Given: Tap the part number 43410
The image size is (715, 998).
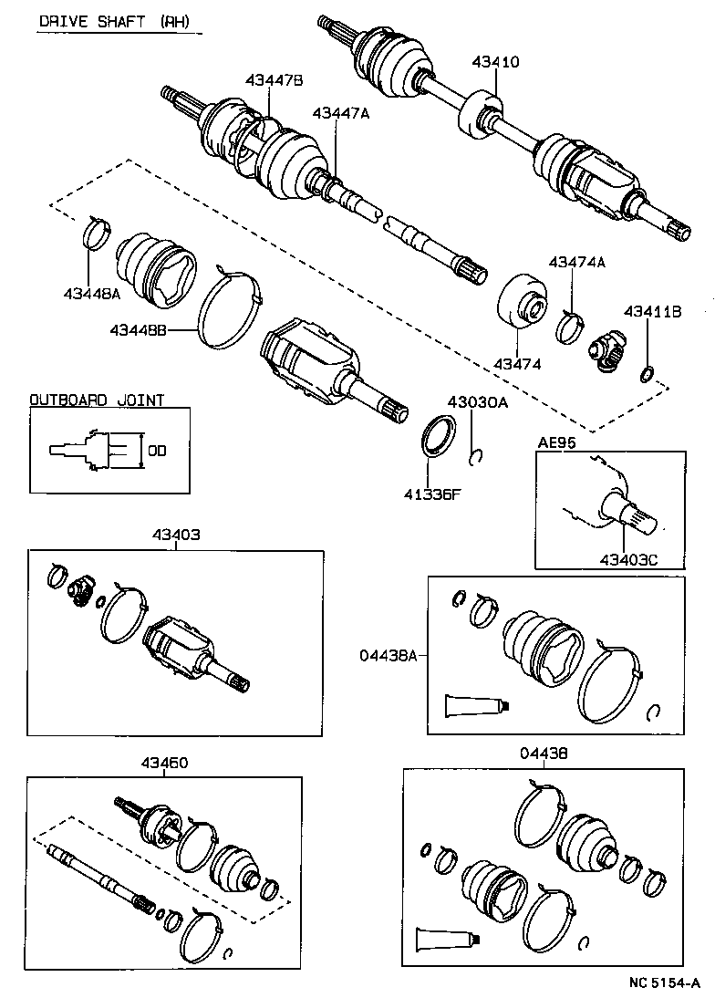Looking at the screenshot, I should coord(495,62).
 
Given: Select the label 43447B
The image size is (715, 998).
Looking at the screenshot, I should coord(274,81).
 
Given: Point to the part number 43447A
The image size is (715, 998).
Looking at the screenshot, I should coord(341,113).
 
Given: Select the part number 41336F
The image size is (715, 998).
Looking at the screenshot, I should coord(433,495).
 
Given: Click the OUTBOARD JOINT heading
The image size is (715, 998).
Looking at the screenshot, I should coord(97,400).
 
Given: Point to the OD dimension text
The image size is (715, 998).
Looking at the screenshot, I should coord(157,450).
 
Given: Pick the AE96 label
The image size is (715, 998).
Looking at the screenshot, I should coord(552,442).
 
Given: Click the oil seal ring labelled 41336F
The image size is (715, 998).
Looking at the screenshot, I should coord(439,432).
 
